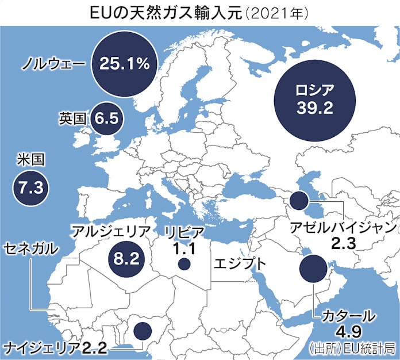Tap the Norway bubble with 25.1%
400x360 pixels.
point(124,63)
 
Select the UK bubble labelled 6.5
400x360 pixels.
point(106,118)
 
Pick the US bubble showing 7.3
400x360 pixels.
point(30,187)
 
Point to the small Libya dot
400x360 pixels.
point(184,265)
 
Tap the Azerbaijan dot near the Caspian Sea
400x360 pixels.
point(298,201)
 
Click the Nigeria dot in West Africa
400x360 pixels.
point(141,330)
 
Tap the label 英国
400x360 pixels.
point(72,118)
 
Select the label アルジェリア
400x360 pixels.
point(111,232)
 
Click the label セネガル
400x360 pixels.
point(32,248)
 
